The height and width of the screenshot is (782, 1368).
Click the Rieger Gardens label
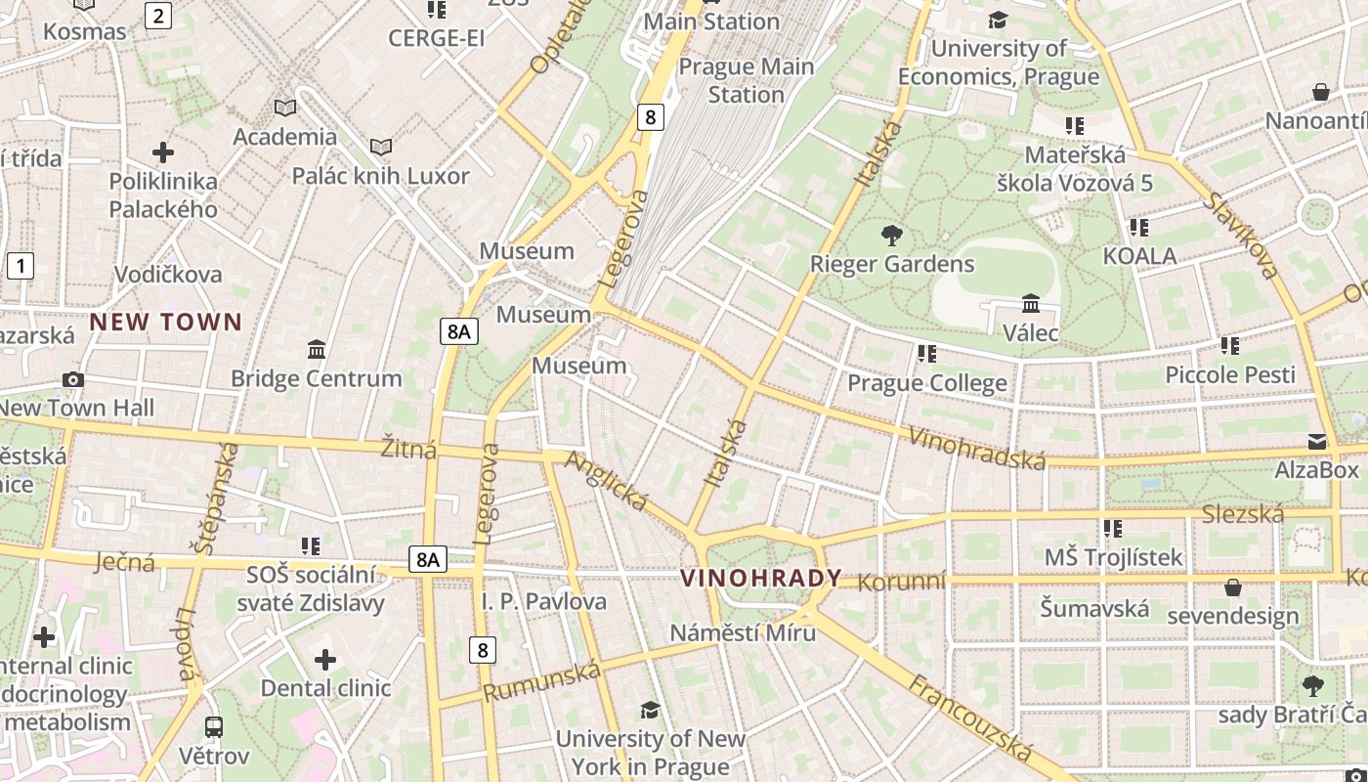tap(892, 264)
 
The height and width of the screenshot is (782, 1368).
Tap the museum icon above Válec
tap(1030, 304)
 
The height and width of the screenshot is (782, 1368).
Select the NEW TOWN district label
tap(166, 322)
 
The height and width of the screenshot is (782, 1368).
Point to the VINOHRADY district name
tap(761, 578)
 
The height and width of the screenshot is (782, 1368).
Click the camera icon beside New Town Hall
tap(72, 379)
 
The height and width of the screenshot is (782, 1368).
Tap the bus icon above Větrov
tap(214, 726)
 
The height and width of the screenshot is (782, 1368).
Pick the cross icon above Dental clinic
tap(325, 660)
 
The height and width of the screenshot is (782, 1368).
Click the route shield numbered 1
tap(21, 265)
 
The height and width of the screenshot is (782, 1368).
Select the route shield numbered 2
tap(158, 15)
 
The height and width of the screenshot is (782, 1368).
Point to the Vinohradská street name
tap(976, 448)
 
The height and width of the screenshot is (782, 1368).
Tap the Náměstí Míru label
tap(743, 632)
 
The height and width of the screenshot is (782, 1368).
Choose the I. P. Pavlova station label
tap(544, 601)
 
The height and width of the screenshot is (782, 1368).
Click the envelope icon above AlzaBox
tap(1316, 442)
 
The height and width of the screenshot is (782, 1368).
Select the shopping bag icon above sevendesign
tap(1233, 587)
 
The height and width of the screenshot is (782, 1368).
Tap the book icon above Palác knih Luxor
tap(381, 148)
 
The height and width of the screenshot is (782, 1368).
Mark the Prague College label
tap(926, 382)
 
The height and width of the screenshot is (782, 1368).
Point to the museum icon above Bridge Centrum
tap(317, 350)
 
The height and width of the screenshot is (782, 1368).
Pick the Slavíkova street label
tap(1240, 236)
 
